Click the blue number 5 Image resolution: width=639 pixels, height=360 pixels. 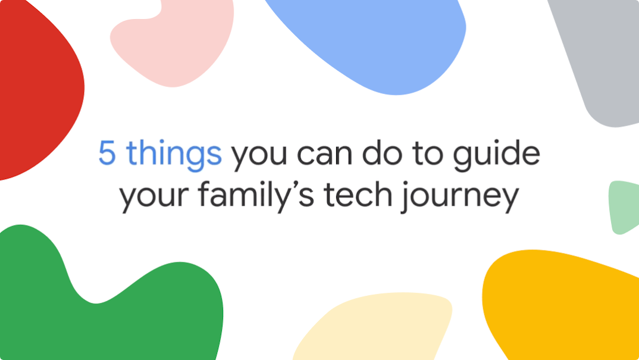pos(107,154)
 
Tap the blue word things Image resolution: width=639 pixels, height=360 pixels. pos(174,155)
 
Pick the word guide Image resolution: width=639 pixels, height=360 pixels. pos(497,155)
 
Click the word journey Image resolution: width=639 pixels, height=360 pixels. pos(460,196)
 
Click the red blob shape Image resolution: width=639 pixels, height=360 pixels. pos(39,87)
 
